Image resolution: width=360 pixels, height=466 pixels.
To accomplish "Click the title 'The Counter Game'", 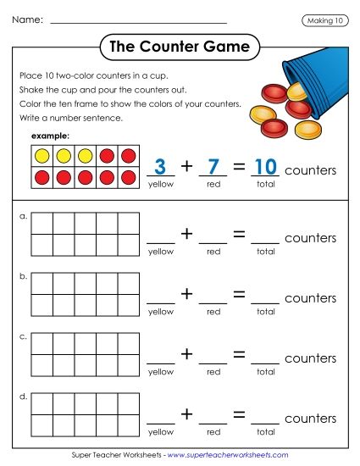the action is [x=180, y=47].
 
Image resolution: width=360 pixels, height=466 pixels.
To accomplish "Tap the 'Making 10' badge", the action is [x=324, y=20].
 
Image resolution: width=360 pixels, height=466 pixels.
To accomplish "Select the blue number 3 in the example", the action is [x=161, y=167].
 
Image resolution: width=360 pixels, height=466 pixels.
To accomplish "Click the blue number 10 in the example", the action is [x=265, y=167].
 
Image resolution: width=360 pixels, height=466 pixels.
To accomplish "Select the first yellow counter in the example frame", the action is [x=42, y=156].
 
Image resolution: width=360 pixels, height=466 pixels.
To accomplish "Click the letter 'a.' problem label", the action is [x=23, y=217].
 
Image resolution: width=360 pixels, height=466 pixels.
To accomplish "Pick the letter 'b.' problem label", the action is [x=23, y=276].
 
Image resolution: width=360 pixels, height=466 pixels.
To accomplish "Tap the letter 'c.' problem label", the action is [x=23, y=336].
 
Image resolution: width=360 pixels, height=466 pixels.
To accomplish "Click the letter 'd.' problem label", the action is [x=23, y=396].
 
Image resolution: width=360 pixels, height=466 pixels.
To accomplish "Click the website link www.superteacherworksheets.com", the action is [x=228, y=455].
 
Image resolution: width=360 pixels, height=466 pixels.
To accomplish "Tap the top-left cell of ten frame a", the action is [x=42, y=223].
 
